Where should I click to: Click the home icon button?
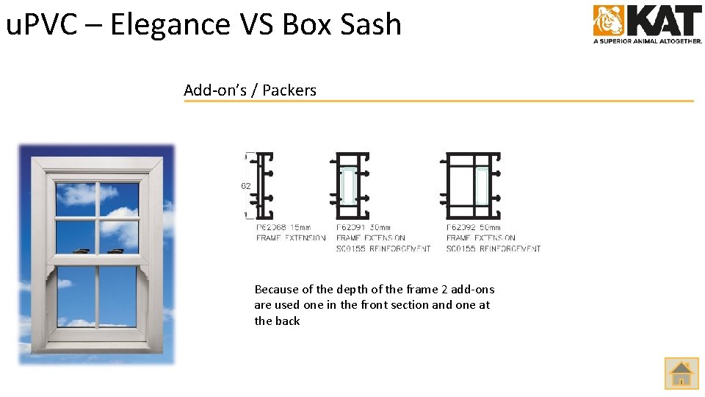coord(681,373)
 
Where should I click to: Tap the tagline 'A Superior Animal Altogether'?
coord(648,41)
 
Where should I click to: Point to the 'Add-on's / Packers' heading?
coord(250,90)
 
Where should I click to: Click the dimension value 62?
coord(246,186)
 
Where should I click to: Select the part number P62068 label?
coord(271,228)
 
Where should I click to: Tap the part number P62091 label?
coord(352,228)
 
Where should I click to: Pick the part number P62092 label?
coord(462,228)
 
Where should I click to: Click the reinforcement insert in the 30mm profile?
coord(349,185)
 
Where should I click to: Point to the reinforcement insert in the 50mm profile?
coord(482,185)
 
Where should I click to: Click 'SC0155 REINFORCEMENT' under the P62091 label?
coord(383,249)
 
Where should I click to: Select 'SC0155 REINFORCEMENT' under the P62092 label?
coord(493,249)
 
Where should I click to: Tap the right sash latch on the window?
coord(116,251)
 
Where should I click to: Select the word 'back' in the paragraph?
coord(287,321)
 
